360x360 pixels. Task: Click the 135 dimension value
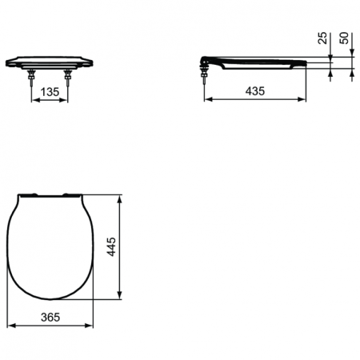pyautogui.click(x=50, y=93)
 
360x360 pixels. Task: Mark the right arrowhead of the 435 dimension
pyautogui.click(x=306, y=101)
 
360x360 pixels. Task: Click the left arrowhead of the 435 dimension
pyautogui.click(x=208, y=101)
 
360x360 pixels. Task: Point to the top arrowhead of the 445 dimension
pyautogui.click(x=120, y=196)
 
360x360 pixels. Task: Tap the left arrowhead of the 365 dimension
pyautogui.click(x=9, y=326)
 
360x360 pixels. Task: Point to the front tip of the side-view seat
pyautogui.click(x=307, y=61)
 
